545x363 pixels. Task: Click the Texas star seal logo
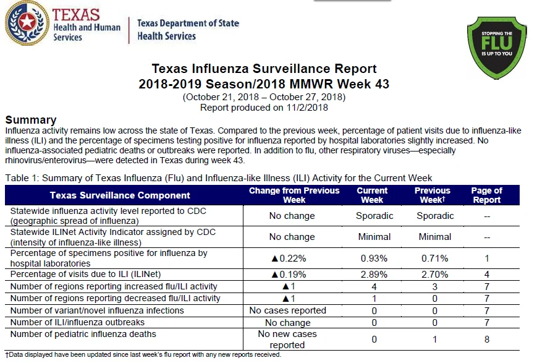coord(27,23)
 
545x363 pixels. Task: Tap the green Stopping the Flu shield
coord(497,47)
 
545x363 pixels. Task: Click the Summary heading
coord(31,120)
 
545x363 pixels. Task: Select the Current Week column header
coord(372,195)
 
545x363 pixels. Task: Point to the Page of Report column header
coord(487,195)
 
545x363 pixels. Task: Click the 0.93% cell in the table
coord(374,258)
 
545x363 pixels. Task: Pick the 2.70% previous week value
coord(434,275)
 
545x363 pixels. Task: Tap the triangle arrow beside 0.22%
coord(274,258)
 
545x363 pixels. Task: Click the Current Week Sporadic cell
coord(374,216)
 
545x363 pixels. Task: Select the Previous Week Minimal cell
coord(435,237)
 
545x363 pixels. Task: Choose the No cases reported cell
coord(287,310)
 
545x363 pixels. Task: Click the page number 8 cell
coord(487,339)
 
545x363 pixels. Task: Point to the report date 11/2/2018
coord(307,108)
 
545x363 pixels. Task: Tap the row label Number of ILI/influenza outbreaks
coord(77,322)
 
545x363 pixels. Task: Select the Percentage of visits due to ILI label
coord(85,275)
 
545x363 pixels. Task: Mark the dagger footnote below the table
coord(143,355)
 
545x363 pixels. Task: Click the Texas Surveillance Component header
coord(120,195)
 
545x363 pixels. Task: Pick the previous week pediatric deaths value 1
coord(434,339)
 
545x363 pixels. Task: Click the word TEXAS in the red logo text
coord(76,15)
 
